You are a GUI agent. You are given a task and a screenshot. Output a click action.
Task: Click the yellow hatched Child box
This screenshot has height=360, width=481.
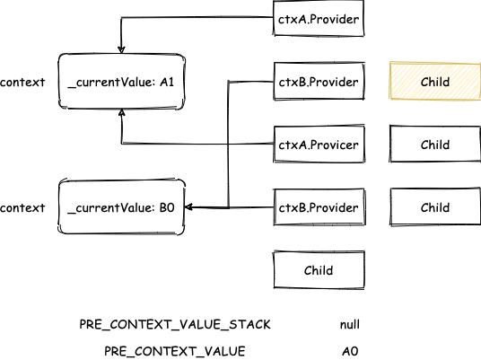435,81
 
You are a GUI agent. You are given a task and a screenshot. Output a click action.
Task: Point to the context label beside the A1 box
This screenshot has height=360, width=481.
22,83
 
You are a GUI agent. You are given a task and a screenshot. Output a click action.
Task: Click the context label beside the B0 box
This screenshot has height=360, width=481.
22,207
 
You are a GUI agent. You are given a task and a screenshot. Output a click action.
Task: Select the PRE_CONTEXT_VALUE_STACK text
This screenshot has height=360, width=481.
175,324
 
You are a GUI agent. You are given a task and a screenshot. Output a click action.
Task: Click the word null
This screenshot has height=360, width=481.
350,324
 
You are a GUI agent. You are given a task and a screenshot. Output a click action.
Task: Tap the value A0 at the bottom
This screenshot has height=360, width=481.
350,351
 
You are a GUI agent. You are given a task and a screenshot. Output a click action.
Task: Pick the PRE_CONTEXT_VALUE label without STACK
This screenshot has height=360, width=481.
175,351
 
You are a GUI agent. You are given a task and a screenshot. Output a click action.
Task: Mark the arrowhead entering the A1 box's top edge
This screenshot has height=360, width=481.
121,49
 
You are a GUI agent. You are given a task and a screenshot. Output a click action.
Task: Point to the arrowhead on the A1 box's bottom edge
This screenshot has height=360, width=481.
122,112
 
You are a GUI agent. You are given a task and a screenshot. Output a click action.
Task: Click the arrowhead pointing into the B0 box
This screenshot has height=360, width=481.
189,207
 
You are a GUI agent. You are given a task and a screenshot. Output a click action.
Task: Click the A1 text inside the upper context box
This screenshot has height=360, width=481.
167,82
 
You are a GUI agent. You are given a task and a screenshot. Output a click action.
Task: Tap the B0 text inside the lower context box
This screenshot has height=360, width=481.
167,207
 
